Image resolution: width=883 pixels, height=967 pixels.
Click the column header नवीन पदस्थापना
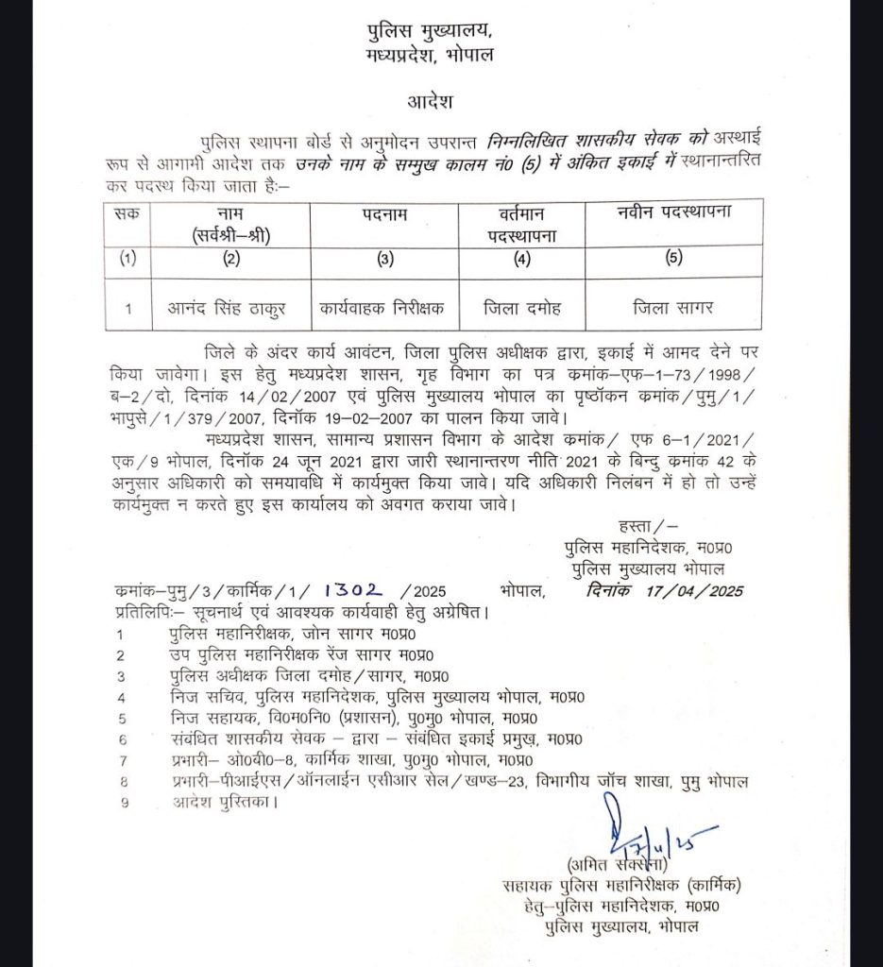[x=672, y=212]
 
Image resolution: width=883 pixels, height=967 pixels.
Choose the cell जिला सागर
[x=672, y=307]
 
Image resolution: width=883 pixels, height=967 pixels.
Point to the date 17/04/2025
[x=695, y=591]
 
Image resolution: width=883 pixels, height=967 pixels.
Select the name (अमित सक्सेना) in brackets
[x=619, y=864]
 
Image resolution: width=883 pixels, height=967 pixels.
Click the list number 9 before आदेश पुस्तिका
[x=120, y=803]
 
